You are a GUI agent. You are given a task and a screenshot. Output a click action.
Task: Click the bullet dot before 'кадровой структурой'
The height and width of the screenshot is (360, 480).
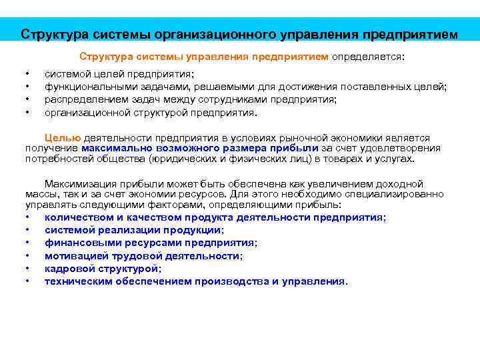(x=27, y=269)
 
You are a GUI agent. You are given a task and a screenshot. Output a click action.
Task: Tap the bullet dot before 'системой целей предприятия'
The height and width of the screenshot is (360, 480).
(x=27, y=75)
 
